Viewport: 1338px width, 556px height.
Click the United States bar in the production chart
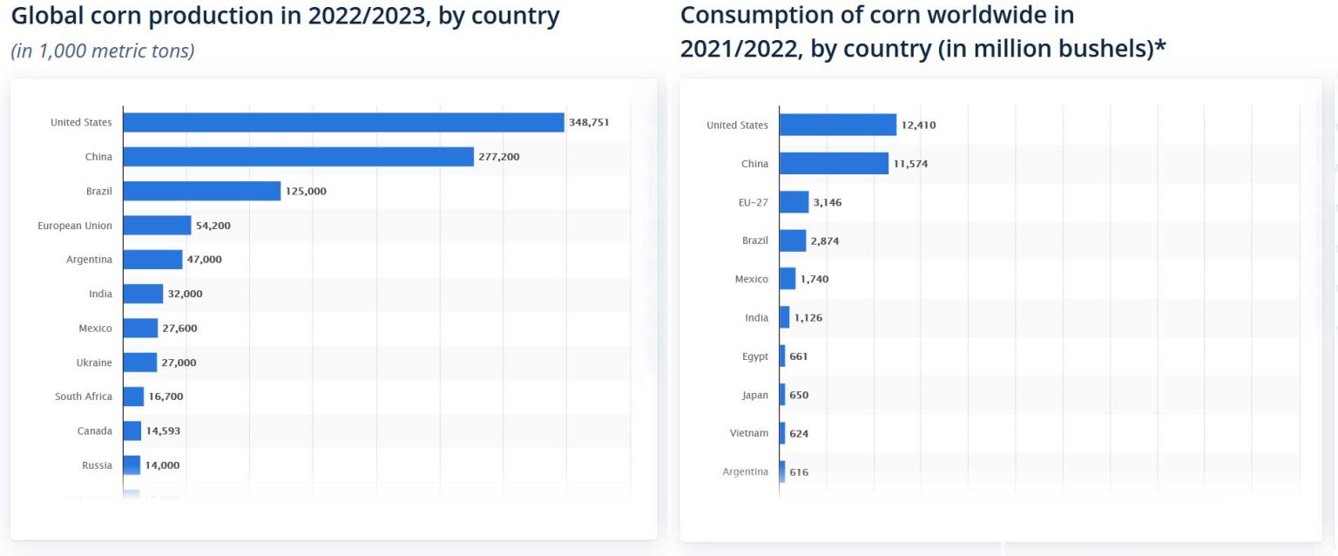coord(343,123)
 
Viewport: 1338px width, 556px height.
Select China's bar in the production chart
coord(298,157)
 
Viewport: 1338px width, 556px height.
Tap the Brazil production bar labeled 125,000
coord(201,191)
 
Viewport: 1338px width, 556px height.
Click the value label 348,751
coord(589,123)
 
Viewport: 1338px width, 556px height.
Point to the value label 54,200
coord(213,226)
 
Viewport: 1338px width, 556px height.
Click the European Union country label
coord(75,226)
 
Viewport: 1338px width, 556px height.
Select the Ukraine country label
coord(94,363)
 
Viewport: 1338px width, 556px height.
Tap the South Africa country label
coord(84,397)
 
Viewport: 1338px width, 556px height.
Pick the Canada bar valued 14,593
coord(132,431)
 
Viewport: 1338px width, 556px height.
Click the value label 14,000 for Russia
coord(162,465)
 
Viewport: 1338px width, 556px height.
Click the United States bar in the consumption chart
coord(837,125)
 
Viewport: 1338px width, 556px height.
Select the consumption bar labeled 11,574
coord(834,164)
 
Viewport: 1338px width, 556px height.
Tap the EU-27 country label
coord(753,202)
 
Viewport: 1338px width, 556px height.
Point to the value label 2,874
coord(824,241)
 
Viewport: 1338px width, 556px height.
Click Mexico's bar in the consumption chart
coord(787,279)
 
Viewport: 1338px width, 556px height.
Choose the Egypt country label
coord(755,356)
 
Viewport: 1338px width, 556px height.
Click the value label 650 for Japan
coord(799,395)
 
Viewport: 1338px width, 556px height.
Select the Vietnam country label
coord(749,433)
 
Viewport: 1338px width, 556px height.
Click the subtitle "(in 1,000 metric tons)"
coord(103,51)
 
